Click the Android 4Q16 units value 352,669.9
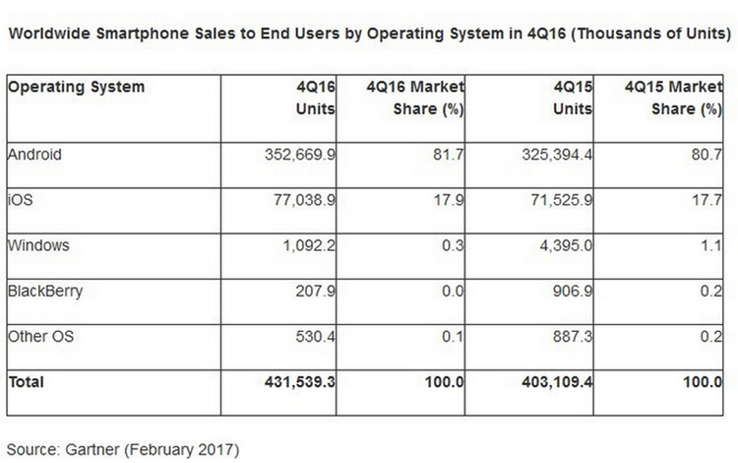(291, 154)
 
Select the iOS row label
(19, 199)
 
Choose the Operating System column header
(76, 87)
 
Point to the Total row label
(26, 381)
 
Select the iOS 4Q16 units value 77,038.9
(297, 199)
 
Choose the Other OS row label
(37, 336)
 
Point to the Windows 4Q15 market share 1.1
(711, 244)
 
